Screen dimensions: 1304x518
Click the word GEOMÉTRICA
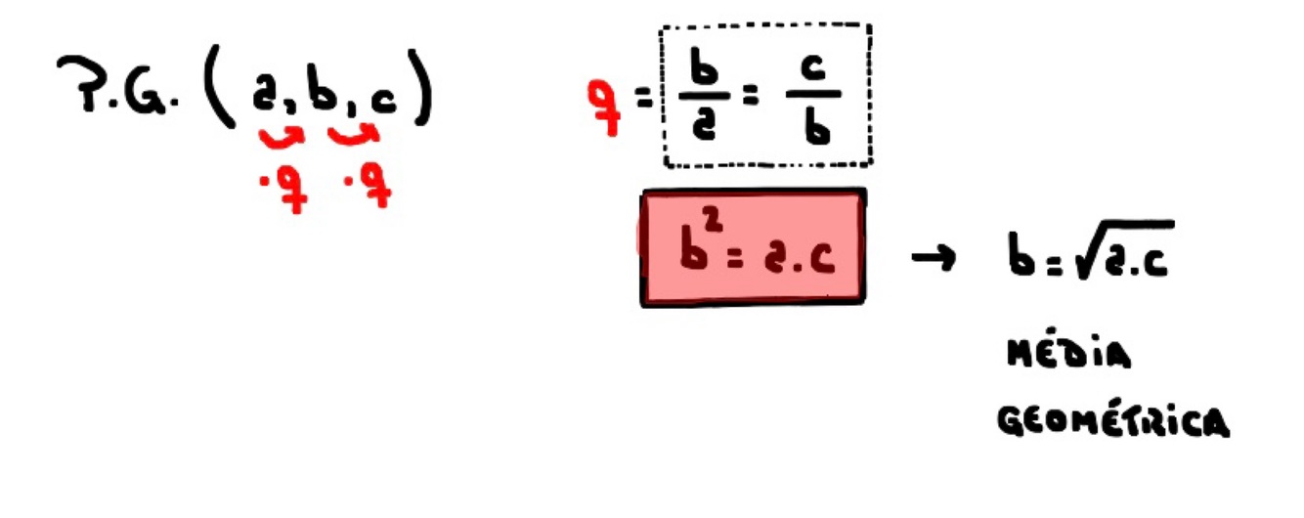1113,422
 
